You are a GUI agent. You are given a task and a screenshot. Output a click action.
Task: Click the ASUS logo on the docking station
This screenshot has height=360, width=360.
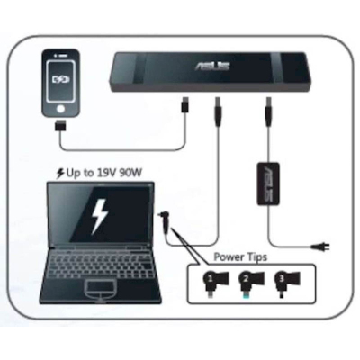(x=212, y=65)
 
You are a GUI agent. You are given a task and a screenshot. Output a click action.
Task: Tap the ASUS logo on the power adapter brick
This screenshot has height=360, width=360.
(x=268, y=184)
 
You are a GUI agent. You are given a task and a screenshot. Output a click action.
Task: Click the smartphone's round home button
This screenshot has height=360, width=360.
(x=61, y=109)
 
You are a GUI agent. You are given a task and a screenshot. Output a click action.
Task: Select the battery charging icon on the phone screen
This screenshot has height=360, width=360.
(x=61, y=79)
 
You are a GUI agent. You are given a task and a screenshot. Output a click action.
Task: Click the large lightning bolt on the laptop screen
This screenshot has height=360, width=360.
(x=99, y=215)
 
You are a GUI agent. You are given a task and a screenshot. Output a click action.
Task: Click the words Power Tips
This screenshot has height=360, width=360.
(x=240, y=257)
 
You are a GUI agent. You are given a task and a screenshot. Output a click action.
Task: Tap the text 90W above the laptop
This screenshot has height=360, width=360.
(x=130, y=173)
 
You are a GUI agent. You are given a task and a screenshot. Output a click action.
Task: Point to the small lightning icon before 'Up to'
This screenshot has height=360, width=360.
(x=60, y=174)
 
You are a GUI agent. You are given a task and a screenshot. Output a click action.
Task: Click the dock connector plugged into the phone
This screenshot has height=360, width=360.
(x=61, y=126)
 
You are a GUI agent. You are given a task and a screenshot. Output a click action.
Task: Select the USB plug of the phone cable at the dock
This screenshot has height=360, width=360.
(x=185, y=104)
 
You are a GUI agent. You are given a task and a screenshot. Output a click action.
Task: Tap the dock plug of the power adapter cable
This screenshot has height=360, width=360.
(x=267, y=112)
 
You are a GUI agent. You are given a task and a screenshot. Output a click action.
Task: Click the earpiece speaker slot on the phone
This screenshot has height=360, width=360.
(x=61, y=56)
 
